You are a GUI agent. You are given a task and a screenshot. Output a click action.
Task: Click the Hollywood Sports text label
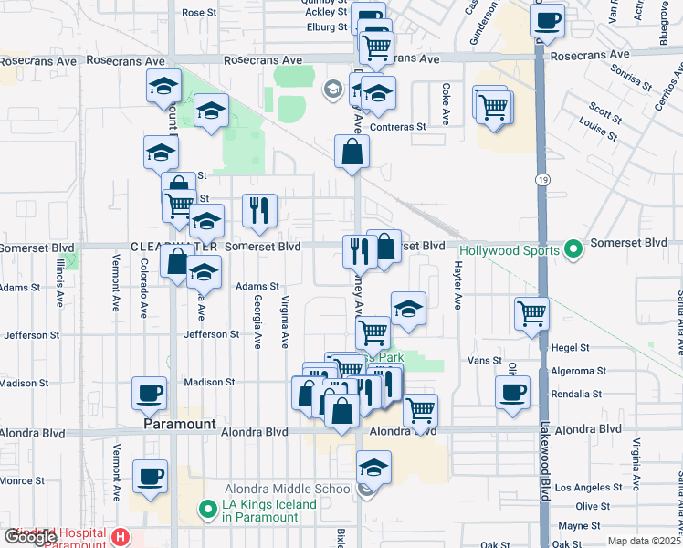click(x=509, y=249)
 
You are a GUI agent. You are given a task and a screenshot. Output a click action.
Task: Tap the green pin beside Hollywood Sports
click(x=573, y=248)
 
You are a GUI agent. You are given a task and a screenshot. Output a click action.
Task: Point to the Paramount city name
click(x=180, y=426)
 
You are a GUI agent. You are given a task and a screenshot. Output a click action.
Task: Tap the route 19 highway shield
click(x=541, y=181)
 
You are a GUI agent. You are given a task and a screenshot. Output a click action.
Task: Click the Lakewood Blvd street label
click(x=544, y=466)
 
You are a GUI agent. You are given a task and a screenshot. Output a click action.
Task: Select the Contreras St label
click(x=397, y=127)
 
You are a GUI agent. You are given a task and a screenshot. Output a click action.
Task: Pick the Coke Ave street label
click(x=447, y=104)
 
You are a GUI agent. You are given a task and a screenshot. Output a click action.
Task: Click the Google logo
click(x=31, y=537)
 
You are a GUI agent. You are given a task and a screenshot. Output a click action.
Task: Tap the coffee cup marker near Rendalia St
click(x=512, y=393)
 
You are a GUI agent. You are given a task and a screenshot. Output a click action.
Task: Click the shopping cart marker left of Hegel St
click(x=531, y=313)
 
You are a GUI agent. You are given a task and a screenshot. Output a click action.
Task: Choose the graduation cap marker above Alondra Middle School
click(x=373, y=468)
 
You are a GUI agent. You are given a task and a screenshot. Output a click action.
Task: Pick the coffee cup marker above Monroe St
click(x=150, y=476)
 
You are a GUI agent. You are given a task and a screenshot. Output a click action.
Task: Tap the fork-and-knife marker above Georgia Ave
click(x=260, y=211)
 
